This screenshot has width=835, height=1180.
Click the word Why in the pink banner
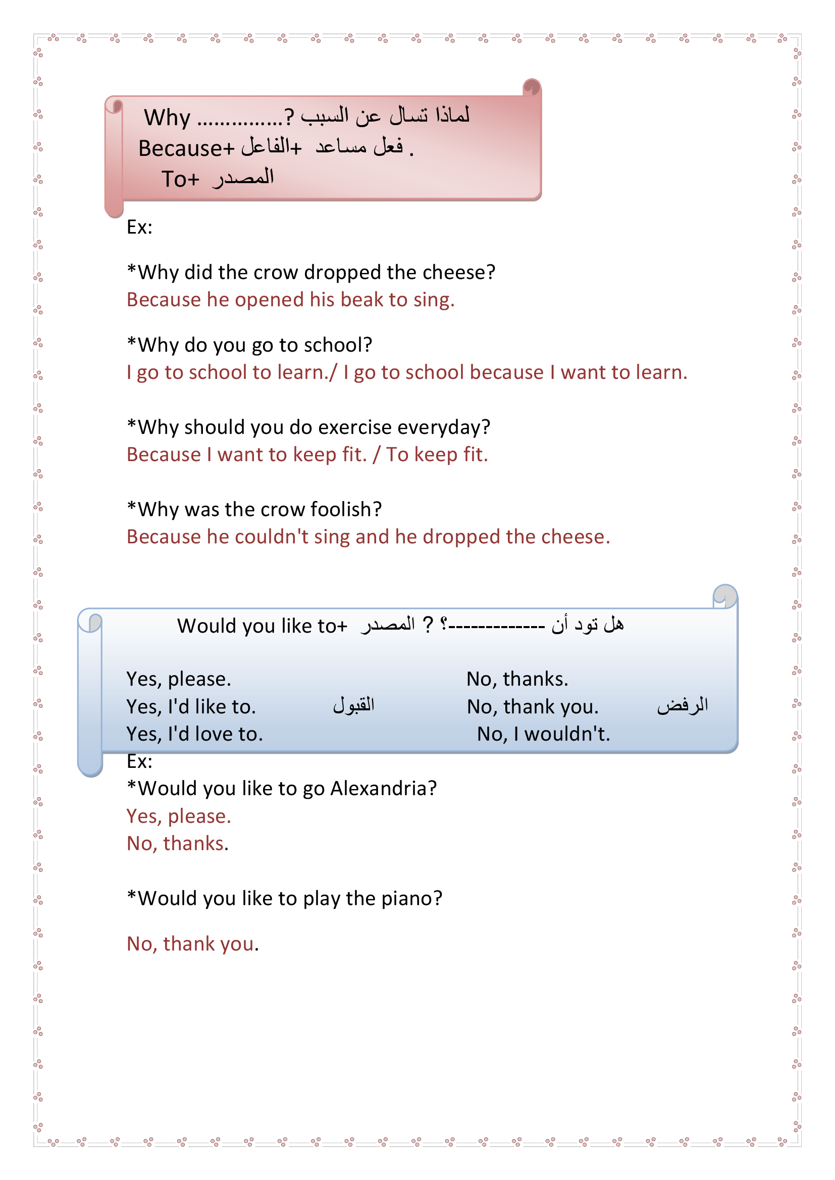(x=167, y=118)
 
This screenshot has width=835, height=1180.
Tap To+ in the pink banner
(x=180, y=180)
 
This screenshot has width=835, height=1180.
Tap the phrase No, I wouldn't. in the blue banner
(x=543, y=734)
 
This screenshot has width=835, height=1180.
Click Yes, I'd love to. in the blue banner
(x=194, y=734)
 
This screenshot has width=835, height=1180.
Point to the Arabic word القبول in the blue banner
(x=354, y=705)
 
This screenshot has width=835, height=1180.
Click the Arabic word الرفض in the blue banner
(x=683, y=705)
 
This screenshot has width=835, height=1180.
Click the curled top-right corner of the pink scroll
(x=532, y=87)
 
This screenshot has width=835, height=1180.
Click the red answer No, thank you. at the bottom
(x=192, y=944)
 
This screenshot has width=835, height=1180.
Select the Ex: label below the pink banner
(x=139, y=227)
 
